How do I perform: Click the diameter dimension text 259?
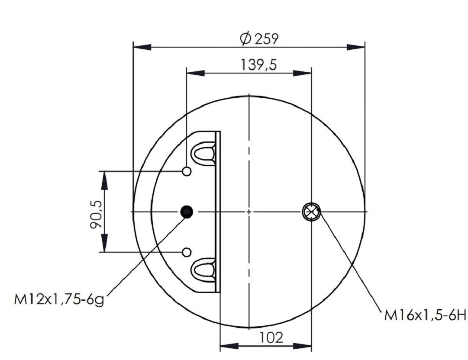pos(266,39)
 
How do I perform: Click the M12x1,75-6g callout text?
pos(59,299)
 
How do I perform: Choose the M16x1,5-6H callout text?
pos(424,316)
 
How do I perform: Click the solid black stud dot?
pos(187,212)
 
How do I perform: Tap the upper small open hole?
pos(187,171)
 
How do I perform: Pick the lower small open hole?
pos(187,252)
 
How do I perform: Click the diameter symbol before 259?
pos(245,39)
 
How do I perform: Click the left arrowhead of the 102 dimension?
pos(228,346)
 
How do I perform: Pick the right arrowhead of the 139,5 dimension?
pos(303,73)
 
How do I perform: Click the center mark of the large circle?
pos(249,212)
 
